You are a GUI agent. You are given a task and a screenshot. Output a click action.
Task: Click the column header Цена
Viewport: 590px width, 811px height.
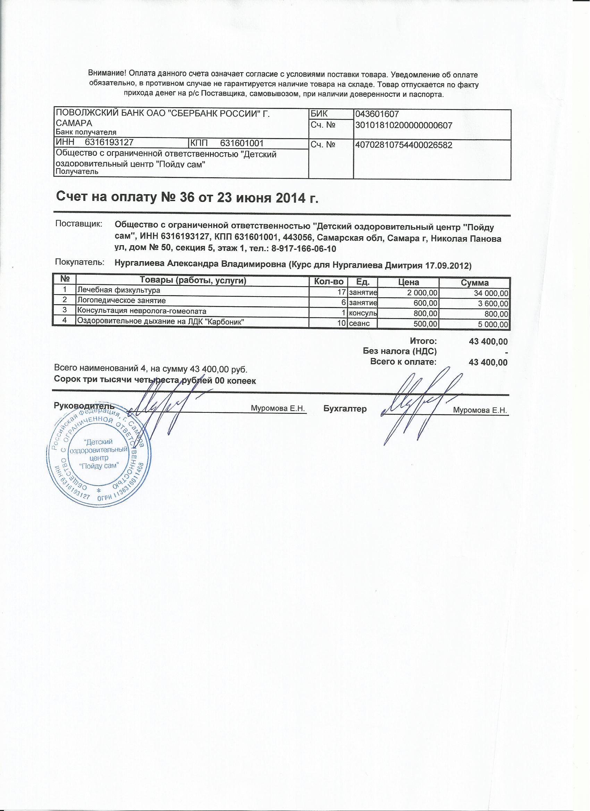tap(409, 282)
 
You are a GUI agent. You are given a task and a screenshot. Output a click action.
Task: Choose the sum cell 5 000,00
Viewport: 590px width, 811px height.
tap(494, 324)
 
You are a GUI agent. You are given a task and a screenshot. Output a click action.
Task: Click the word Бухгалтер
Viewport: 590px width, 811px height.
tap(345, 409)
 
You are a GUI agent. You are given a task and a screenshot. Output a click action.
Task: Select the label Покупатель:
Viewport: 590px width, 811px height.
tap(79, 263)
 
